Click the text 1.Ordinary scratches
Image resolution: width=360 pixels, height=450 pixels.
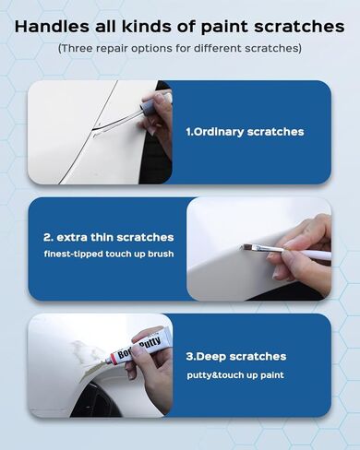[x=245, y=132]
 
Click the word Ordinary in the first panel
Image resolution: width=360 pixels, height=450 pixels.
[x=224, y=132]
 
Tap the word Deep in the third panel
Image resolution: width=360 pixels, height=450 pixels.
[x=230, y=356]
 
